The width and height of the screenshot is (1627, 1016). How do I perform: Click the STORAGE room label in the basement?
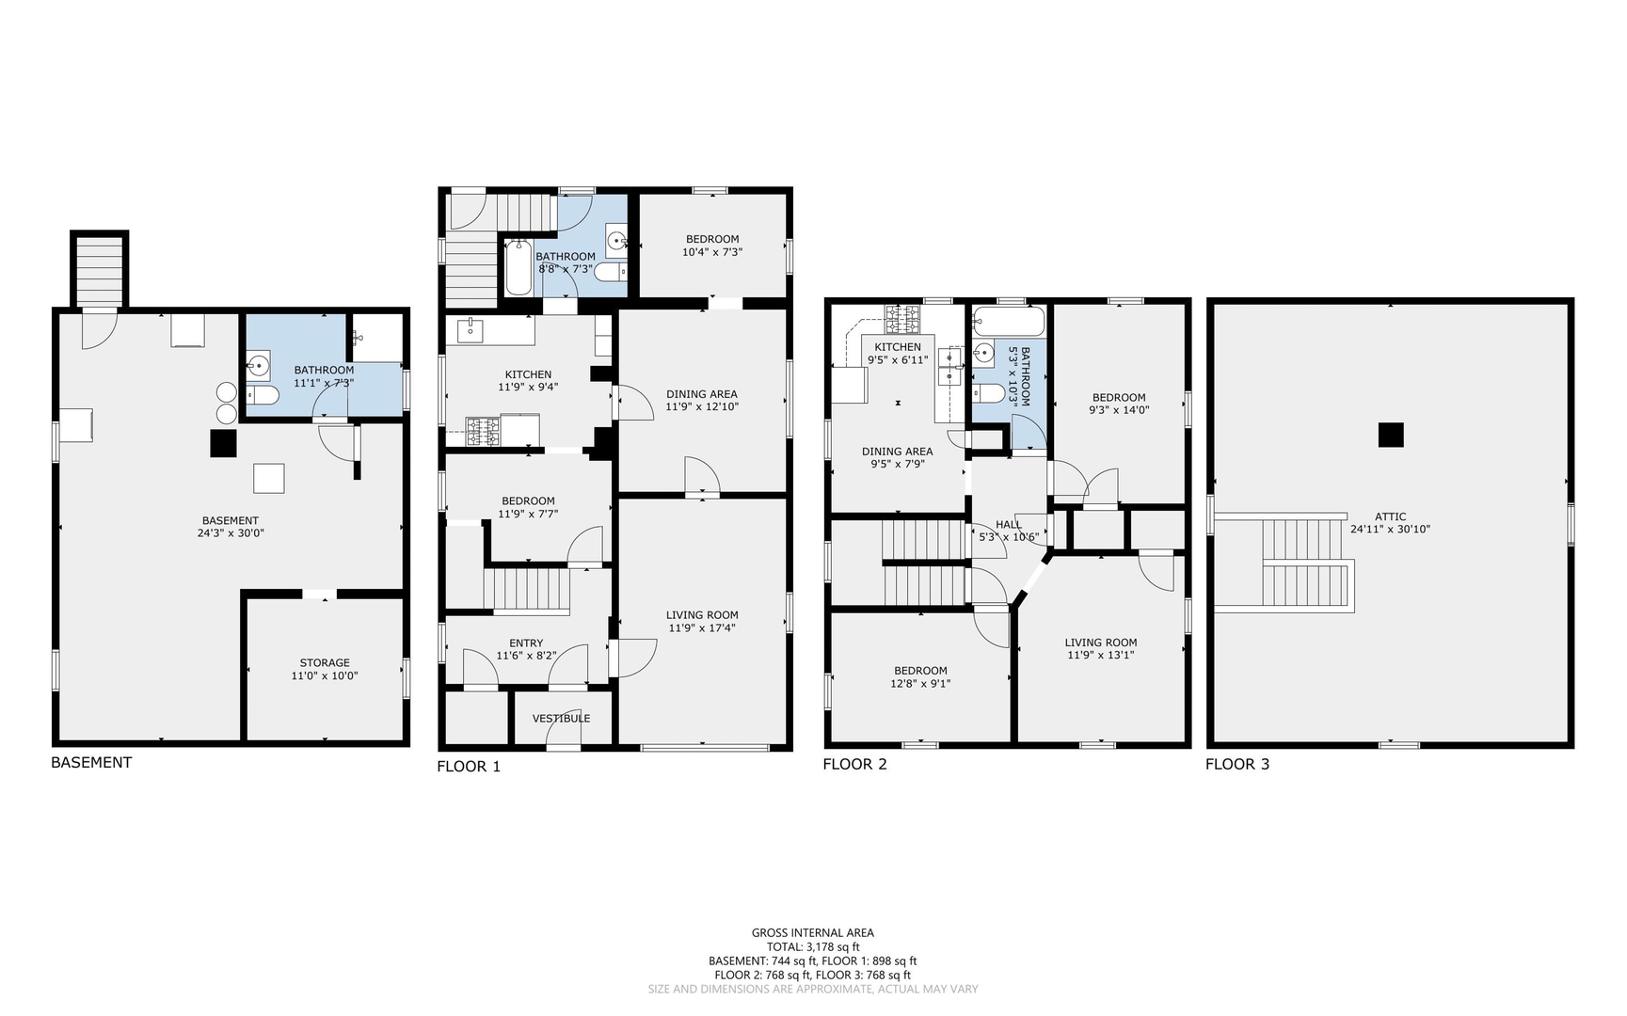tap(325, 663)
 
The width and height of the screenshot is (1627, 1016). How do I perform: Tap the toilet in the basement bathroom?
tap(263, 395)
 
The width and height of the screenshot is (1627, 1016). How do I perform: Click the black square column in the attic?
tap(1391, 435)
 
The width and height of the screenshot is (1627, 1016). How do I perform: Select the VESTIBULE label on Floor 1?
tap(562, 719)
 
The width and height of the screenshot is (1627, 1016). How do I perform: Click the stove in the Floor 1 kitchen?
tap(484, 432)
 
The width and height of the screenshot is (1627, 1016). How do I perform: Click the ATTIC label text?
tap(1391, 516)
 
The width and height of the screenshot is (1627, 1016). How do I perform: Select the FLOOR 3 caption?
tap(1237, 764)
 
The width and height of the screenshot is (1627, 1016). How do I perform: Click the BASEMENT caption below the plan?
tap(91, 763)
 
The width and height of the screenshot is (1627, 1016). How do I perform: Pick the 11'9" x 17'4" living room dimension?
tap(702, 628)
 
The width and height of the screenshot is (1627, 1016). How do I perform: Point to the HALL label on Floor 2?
tap(1009, 525)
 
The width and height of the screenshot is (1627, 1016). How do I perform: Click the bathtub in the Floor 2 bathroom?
tap(1009, 321)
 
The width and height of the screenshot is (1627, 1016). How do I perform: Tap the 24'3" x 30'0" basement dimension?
tap(230, 533)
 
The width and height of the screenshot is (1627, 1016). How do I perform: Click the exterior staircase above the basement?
tap(99, 270)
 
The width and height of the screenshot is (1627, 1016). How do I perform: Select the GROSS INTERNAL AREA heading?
tap(813, 933)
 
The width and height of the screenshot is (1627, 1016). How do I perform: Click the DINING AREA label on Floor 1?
tap(702, 394)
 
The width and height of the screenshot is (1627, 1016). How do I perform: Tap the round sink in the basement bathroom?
tap(257, 365)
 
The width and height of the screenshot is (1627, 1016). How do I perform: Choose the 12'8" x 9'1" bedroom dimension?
tap(921, 684)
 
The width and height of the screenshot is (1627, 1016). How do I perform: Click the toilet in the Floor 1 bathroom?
tap(610, 272)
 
